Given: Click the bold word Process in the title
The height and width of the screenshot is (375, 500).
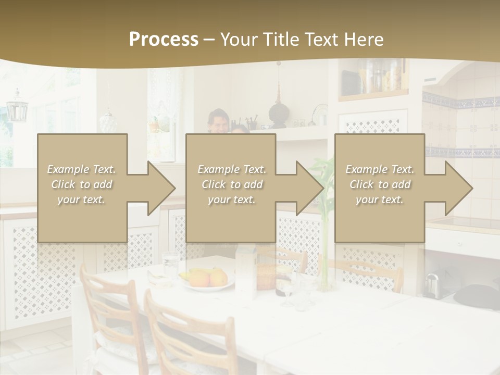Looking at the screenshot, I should point(164,40).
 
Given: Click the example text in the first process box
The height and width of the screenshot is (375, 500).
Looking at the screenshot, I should point(82,184).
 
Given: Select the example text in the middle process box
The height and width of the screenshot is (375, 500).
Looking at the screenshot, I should point(232,184).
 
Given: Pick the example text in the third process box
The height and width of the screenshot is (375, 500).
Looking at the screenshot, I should point(380,184).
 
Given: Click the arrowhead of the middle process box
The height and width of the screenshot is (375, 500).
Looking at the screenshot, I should point(308,188).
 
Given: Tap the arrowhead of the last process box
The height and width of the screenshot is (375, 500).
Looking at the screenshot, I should point(457,188).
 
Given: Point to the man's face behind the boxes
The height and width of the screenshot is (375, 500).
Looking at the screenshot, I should point(219,122).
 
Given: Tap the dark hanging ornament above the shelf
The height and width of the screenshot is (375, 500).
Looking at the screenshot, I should point(278,113).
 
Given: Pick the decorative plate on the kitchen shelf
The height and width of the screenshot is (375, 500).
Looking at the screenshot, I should point(320,115).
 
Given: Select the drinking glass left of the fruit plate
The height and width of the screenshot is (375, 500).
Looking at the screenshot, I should point(170,264).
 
